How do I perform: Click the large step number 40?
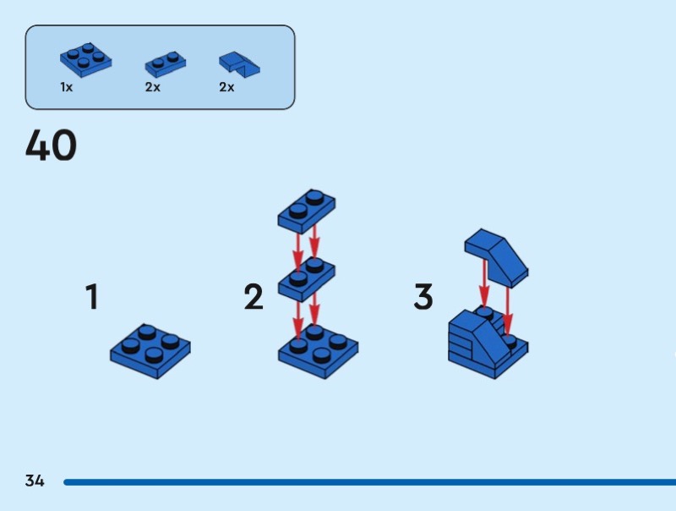51,145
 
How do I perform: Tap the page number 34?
35,481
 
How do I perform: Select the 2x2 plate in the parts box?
86,60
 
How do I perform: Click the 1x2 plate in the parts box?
166,64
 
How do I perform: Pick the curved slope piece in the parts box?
239,65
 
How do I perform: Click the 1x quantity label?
67,87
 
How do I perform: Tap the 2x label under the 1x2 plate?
153,87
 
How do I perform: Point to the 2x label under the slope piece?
226,87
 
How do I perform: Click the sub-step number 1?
92,296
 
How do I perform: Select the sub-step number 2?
253,296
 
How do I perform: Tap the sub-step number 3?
423,296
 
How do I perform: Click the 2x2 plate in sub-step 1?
150,351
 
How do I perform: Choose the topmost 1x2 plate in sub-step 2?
307,212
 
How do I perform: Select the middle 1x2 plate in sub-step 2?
307,279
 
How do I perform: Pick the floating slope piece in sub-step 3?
496,258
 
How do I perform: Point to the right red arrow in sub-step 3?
508,310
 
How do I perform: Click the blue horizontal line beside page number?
369,482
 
